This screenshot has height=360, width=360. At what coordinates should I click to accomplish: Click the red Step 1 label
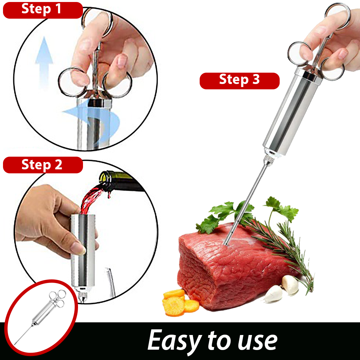point(43,10)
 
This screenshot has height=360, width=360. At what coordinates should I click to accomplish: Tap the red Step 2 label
point(43,165)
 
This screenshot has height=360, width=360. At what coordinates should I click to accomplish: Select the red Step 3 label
point(239,81)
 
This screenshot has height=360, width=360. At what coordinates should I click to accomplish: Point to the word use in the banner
point(257,342)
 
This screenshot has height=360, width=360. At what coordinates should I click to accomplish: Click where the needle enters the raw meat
point(226,244)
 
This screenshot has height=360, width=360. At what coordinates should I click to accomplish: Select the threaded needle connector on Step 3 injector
point(267,159)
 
